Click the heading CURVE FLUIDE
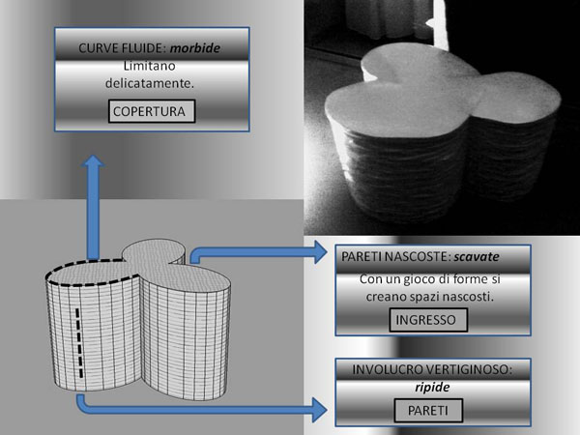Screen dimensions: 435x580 116,45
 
